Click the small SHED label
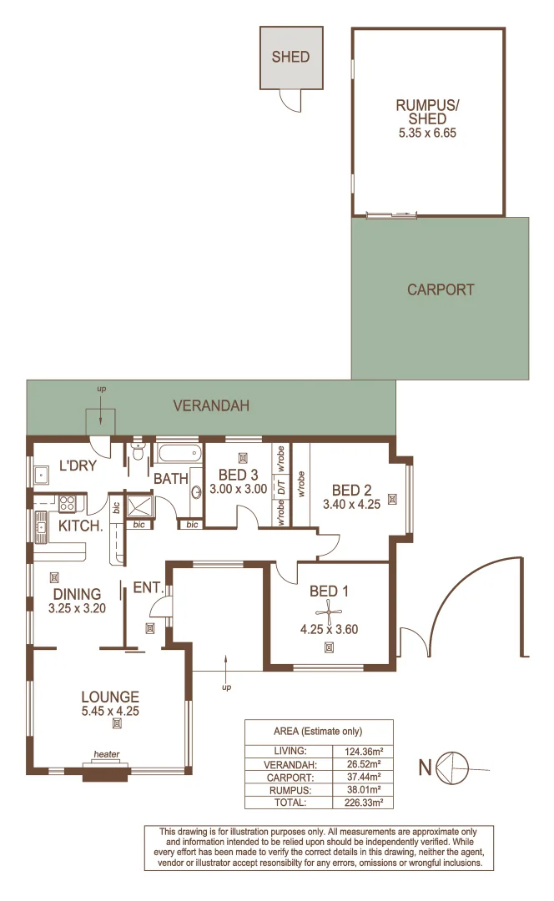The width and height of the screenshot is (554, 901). click(290, 58)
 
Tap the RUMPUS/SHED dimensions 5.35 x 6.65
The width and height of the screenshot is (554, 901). click(428, 132)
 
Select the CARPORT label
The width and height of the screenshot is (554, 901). click(441, 290)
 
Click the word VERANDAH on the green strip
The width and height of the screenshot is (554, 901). click(211, 406)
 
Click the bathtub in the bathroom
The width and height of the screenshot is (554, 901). click(179, 456)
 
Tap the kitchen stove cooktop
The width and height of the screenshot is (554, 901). click(67, 504)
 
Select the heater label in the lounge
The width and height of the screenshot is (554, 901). click(107, 755)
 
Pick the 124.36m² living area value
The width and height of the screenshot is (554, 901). click(363, 751)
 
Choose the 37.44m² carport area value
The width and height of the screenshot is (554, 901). click(363, 777)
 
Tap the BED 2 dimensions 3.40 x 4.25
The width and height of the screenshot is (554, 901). click(351, 504)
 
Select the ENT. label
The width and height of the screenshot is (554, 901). click(147, 588)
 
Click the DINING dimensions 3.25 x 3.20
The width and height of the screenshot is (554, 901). click(77, 608)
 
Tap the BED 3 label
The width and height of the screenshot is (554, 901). click(238, 476)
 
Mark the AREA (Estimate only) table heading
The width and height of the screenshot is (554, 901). click(318, 731)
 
